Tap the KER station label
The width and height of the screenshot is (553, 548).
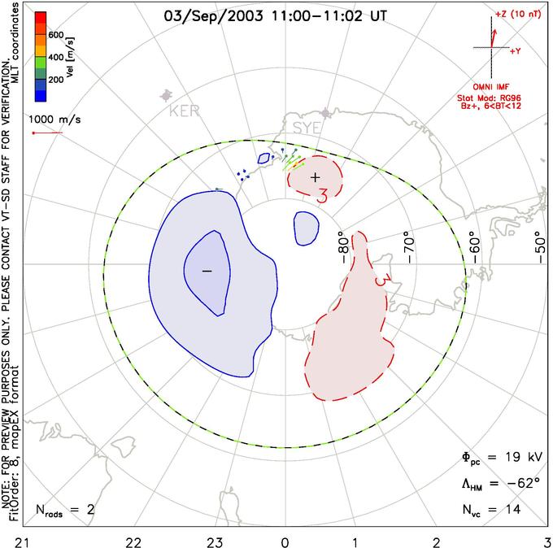[x=183, y=111]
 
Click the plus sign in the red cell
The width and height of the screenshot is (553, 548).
[x=316, y=176]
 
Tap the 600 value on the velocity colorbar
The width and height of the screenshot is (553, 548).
[x=54, y=35]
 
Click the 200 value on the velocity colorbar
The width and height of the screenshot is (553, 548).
[x=54, y=80]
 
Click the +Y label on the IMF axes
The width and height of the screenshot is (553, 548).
[x=515, y=51]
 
